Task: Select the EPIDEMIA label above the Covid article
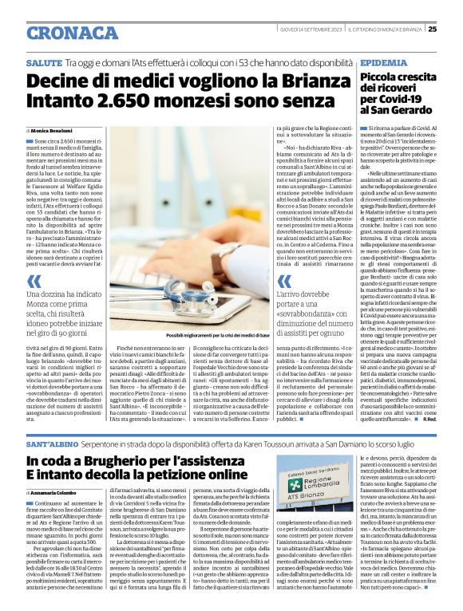(382, 61)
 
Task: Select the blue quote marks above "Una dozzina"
(34, 260)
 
